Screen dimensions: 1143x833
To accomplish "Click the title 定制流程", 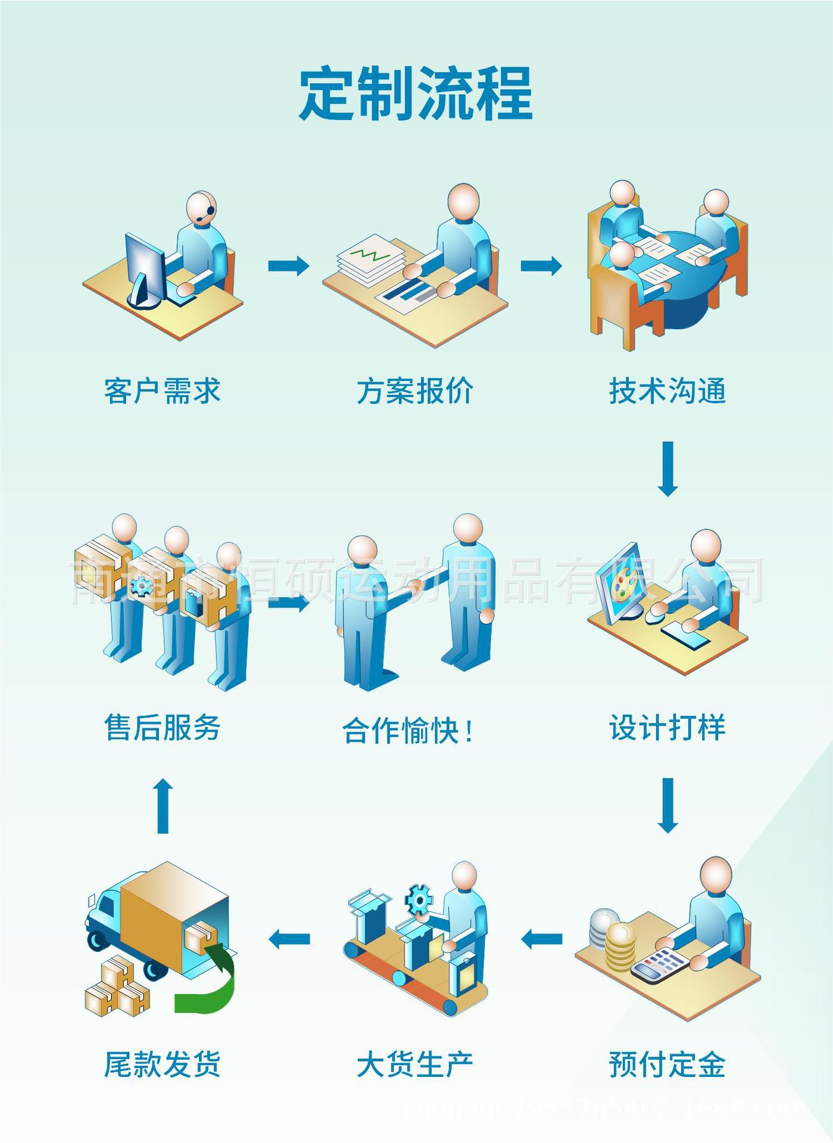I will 415,94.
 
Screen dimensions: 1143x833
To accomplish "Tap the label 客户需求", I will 163,391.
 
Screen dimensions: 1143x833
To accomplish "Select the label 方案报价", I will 415,391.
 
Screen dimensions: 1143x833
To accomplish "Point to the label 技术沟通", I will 667,391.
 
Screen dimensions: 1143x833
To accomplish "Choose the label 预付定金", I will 667,1065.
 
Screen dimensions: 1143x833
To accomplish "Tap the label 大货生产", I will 415,1065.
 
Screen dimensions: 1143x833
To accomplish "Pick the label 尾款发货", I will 163,1065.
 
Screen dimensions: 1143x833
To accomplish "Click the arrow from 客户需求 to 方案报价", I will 289,266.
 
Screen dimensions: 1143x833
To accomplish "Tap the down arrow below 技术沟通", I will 667,469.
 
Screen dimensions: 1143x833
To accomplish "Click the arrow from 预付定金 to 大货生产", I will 541,940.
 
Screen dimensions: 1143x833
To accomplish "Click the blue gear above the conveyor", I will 419,900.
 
